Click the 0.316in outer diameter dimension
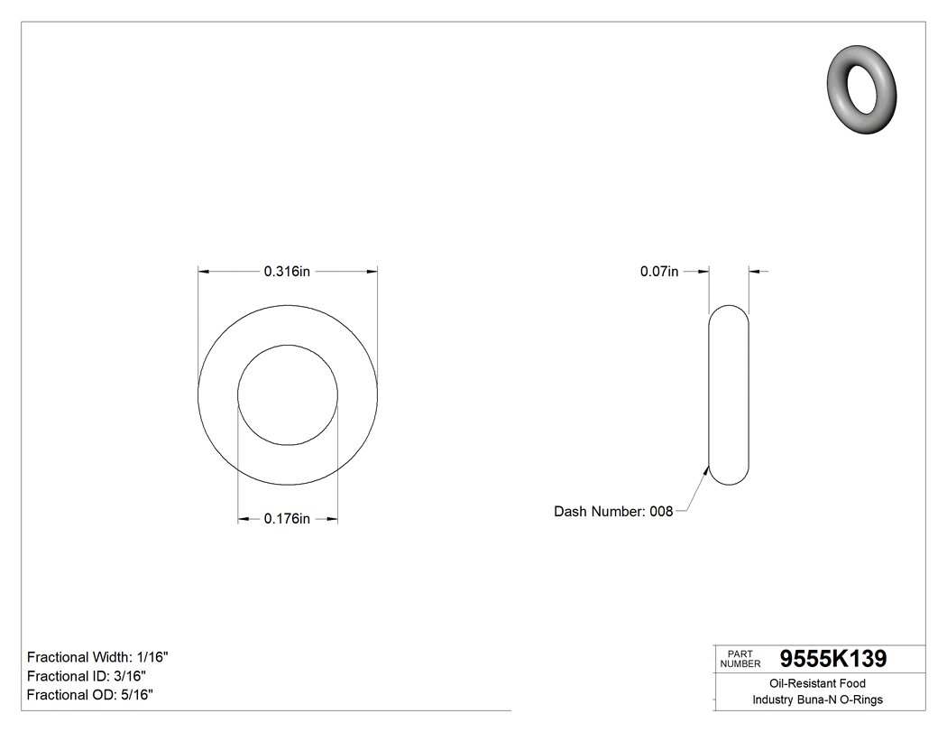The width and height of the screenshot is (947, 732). coord(287,271)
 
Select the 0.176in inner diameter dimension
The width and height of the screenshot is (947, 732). coord(287,519)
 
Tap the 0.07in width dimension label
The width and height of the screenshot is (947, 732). coord(659,271)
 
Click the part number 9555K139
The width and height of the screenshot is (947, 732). coord(832,659)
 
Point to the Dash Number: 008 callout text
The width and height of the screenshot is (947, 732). coord(613,512)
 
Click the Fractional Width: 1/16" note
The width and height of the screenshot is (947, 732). coord(98,657)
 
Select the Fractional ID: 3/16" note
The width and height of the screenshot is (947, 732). coord(87,676)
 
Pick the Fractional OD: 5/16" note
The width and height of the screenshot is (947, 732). coord(90,695)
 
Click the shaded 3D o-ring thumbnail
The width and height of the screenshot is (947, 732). coord(861,88)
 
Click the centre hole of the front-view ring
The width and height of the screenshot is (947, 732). coord(288,394)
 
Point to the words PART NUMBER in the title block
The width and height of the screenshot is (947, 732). coord(740,659)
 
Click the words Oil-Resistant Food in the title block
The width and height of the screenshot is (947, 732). coord(817,683)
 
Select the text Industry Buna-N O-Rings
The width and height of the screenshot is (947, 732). coord(817,700)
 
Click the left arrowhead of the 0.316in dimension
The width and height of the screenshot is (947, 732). coord(204,271)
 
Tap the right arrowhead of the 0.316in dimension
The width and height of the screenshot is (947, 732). coord(372,271)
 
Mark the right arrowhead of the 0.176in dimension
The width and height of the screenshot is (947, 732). coord(332,519)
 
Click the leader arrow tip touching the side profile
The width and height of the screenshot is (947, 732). coord(706,467)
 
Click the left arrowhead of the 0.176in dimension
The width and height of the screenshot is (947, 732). coord(244,519)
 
